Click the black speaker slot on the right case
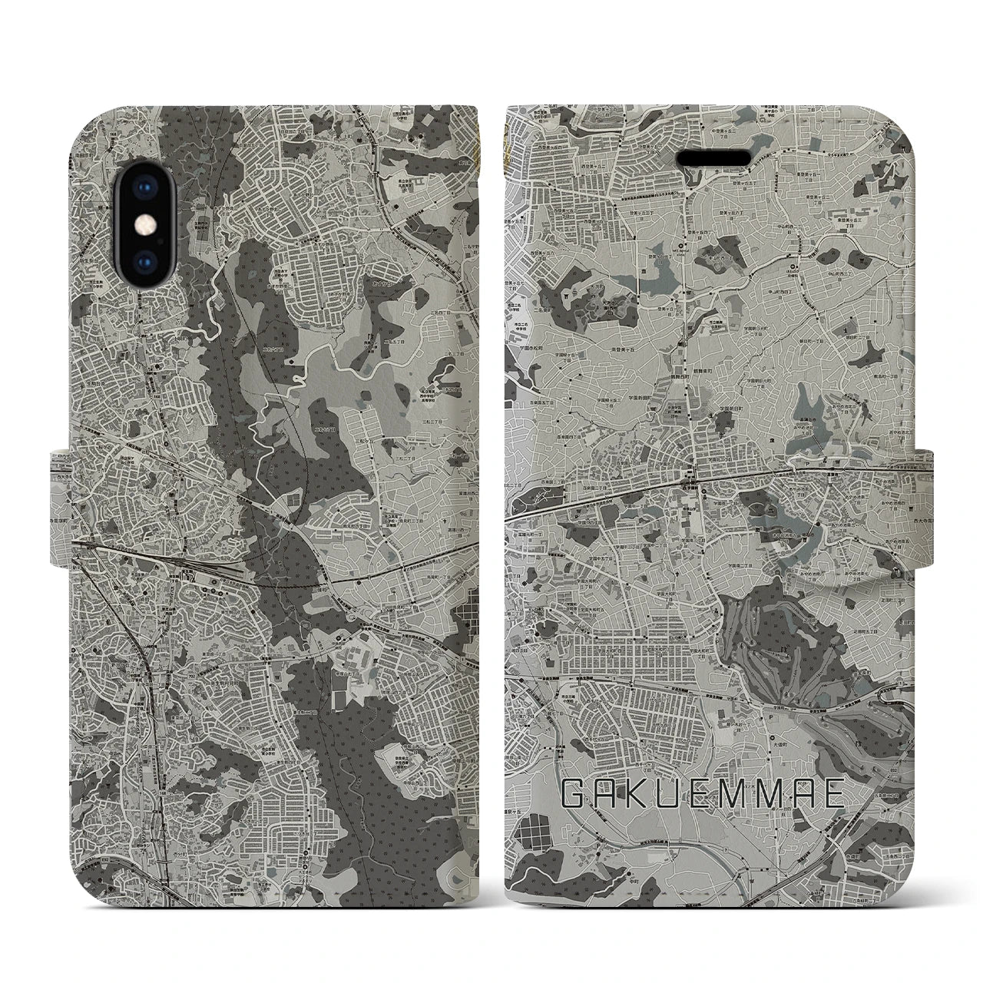713,157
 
